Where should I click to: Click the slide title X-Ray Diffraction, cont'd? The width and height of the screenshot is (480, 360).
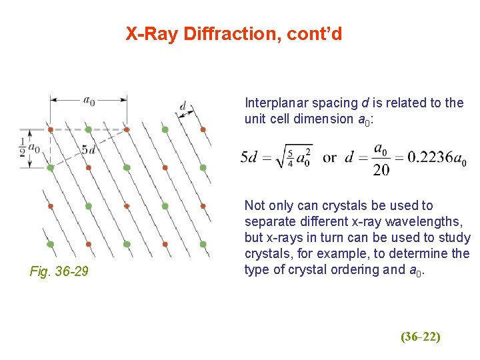point(234,33)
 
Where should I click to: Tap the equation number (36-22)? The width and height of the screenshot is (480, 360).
point(420,337)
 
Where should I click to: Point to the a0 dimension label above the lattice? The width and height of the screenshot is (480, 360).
point(89,101)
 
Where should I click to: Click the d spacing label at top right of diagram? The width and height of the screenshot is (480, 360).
point(183,105)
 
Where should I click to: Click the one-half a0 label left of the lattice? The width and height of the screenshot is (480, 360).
point(29,148)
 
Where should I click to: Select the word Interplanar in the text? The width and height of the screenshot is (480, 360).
point(274,103)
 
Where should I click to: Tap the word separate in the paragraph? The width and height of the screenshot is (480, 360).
point(268,221)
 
